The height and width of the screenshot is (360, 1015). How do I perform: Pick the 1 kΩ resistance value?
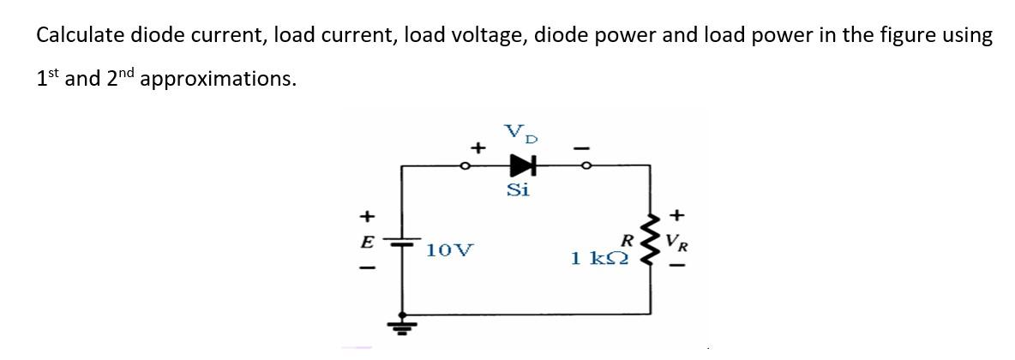(x=599, y=257)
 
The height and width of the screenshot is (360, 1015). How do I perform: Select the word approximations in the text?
(x=219, y=79)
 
